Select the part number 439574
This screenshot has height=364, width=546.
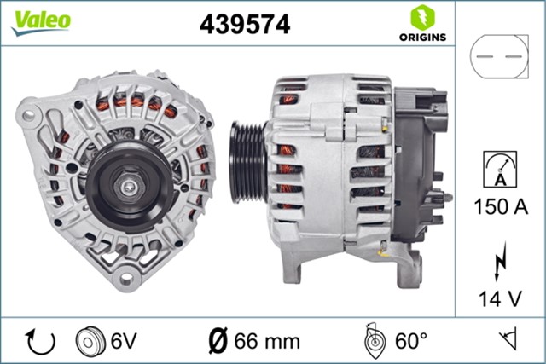[x=245, y=24]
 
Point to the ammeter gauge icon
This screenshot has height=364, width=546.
[x=500, y=168]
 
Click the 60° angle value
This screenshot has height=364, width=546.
[x=410, y=342]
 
